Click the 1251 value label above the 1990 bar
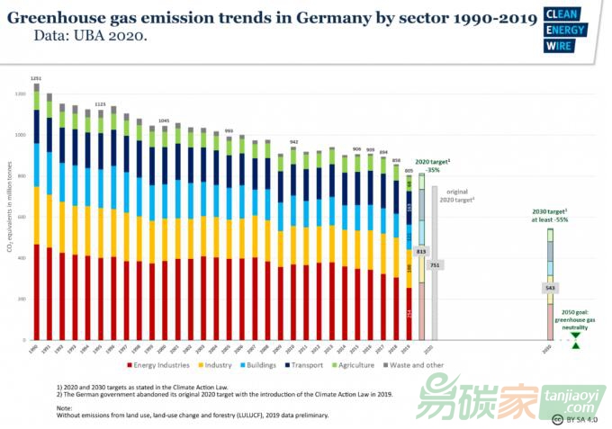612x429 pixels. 36,78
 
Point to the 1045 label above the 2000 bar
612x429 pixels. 164,121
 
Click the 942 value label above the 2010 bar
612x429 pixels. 293,142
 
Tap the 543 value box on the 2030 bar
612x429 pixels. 550,288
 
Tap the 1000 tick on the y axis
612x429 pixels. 20,135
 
